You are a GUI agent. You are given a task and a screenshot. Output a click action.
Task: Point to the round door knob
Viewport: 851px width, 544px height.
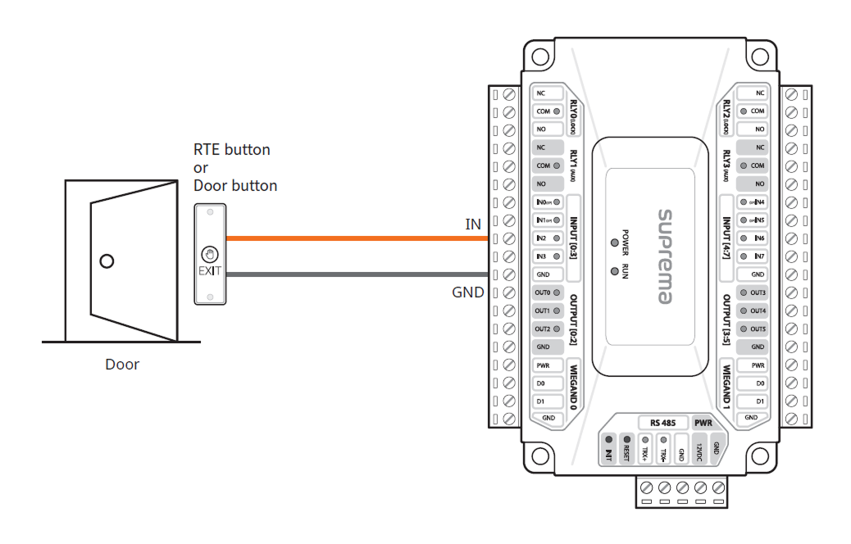(x=106, y=261)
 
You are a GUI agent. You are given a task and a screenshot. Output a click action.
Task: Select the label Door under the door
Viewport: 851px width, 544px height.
(x=122, y=365)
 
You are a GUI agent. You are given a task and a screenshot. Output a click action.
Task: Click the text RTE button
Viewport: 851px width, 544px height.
(x=231, y=150)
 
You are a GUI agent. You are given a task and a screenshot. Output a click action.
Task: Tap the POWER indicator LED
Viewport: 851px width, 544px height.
(x=614, y=243)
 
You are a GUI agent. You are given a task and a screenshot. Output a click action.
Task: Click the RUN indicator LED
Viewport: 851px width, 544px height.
(x=614, y=270)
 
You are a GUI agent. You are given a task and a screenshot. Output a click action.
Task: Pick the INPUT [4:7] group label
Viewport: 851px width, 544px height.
(x=727, y=238)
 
